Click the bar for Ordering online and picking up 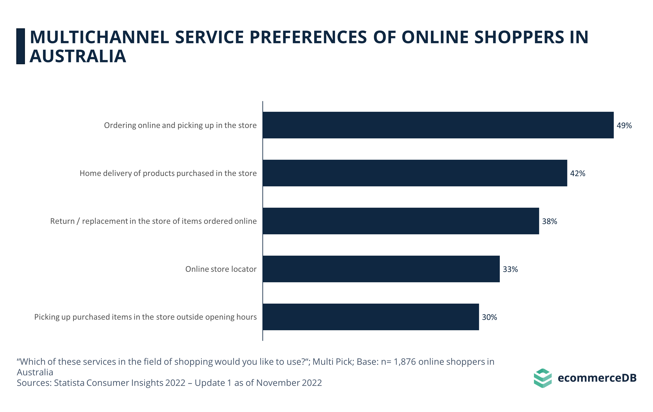click(438, 125)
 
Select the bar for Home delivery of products click(415, 173)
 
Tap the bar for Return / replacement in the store click(401, 221)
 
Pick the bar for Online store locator click(381, 269)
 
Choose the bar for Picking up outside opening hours click(371, 317)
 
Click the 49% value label click(624, 126)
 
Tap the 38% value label click(549, 221)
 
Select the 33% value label click(510, 269)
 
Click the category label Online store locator click(221, 269)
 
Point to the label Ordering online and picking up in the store click(180, 125)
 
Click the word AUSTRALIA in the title click(78, 56)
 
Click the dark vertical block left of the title click(21, 46)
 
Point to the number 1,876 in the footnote click(405, 362)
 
